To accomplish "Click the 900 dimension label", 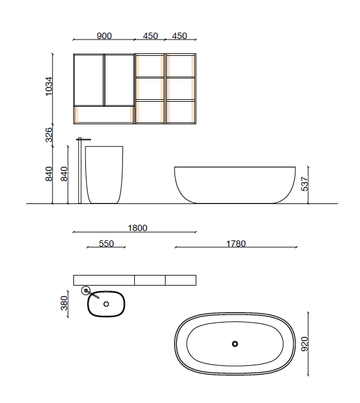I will [104, 36].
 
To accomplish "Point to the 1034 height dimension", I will [50, 87].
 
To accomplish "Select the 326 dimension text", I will [50, 135].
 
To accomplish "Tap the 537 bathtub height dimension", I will [305, 184].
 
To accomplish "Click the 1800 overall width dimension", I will [137, 228].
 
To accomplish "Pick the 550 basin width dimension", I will [107, 244].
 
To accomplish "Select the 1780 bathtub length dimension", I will [235, 244].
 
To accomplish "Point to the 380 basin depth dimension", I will [63, 304].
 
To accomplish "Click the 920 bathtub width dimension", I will [305, 345].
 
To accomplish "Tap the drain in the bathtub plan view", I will [235, 343].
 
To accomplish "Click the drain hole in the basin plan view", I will [106, 304].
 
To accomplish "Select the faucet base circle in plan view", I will [86, 290].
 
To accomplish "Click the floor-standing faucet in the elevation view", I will [80, 169].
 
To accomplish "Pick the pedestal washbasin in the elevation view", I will [104, 174].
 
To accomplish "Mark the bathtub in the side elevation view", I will [235, 185].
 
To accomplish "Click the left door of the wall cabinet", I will [88, 80].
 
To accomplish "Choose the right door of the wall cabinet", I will [119, 80].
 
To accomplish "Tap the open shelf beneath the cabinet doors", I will [104, 114].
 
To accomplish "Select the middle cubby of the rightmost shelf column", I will [181, 89].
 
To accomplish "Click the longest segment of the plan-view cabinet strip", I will [104, 280].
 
